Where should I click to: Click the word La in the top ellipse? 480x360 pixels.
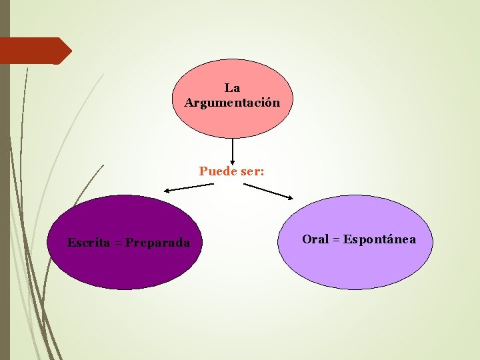pos(232,88)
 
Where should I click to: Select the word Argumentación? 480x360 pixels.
pos(232,103)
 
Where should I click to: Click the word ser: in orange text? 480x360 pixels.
pos(253,171)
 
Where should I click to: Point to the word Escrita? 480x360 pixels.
pos(89,243)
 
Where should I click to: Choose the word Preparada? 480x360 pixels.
pos(157,243)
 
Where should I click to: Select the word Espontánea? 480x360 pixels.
pos(379,239)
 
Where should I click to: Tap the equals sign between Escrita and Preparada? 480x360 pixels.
pos(117,243)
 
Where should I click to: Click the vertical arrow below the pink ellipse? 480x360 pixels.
pos(233,150)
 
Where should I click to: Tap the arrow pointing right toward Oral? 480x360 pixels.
pos(267,191)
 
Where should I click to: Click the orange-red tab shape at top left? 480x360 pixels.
pos(33,51)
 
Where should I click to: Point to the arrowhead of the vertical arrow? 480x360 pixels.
pos(233,161)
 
